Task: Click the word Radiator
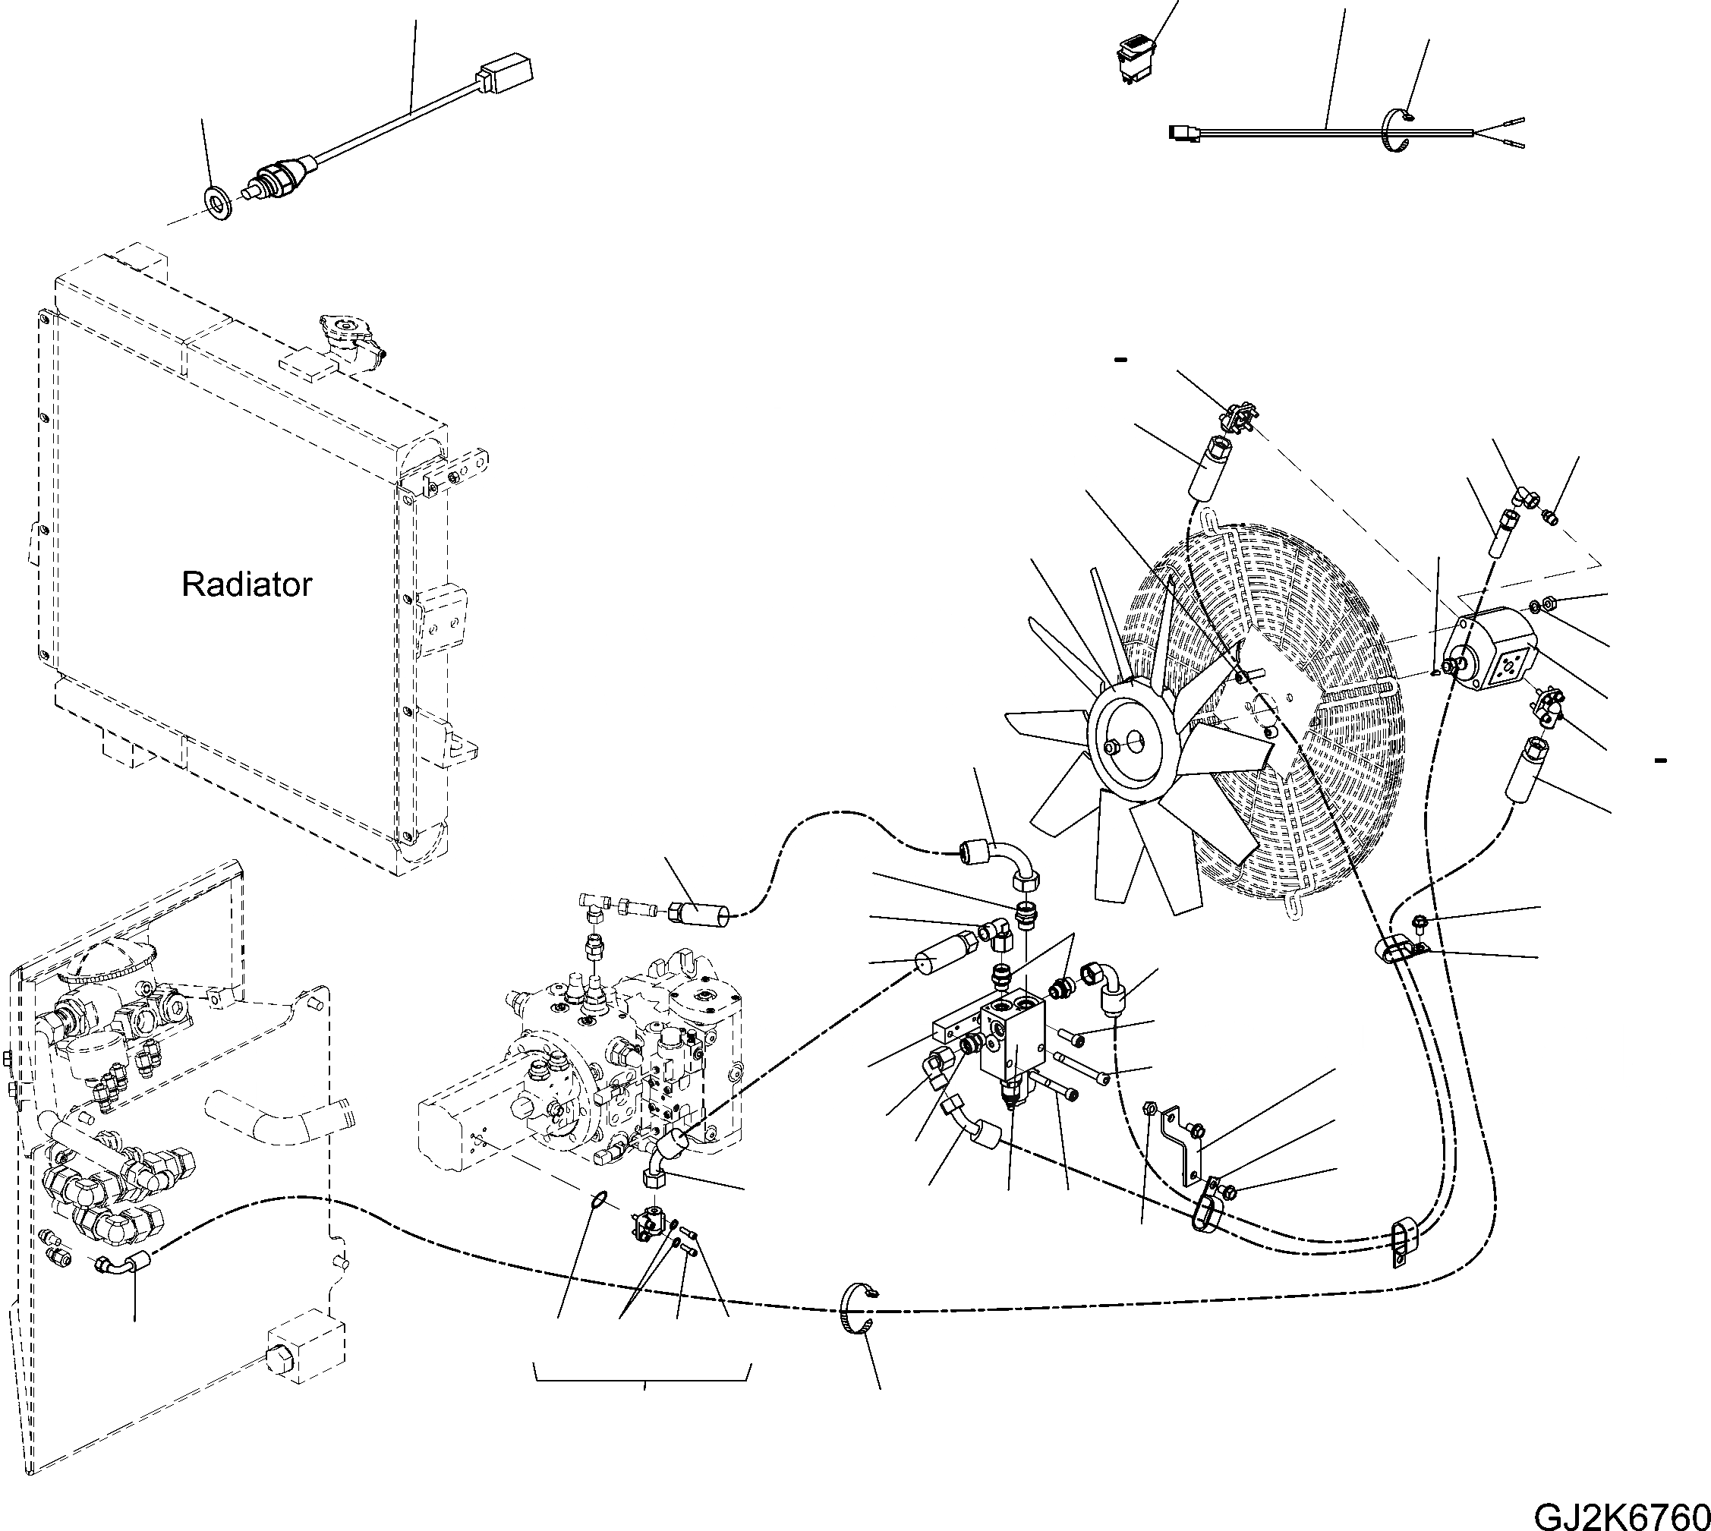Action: tap(247, 584)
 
